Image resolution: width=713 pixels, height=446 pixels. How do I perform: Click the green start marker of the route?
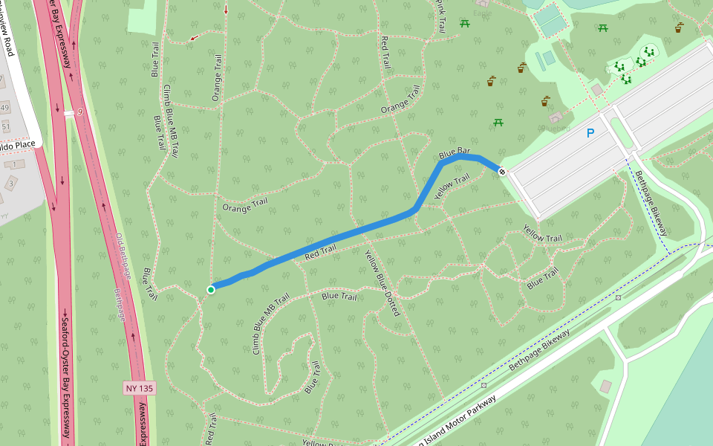[x=211, y=289]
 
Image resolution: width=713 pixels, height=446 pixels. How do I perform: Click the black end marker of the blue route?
[x=502, y=172]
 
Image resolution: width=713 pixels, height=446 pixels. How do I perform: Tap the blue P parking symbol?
[x=590, y=134]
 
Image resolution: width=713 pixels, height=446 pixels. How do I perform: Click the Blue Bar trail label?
[x=455, y=152]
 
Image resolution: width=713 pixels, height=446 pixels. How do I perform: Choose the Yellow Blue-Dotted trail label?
[x=382, y=282]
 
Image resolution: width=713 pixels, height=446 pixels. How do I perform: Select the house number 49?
[x=5, y=109]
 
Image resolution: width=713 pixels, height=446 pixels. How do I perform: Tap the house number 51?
[x=6, y=127]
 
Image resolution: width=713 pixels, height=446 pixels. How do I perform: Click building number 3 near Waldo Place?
[x=11, y=183]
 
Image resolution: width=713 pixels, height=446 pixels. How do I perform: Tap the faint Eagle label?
[x=484, y=13]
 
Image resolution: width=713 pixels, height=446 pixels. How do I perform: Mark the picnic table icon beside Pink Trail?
[x=465, y=24]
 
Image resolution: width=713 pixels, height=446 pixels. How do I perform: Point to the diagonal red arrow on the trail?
[x=195, y=37]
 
